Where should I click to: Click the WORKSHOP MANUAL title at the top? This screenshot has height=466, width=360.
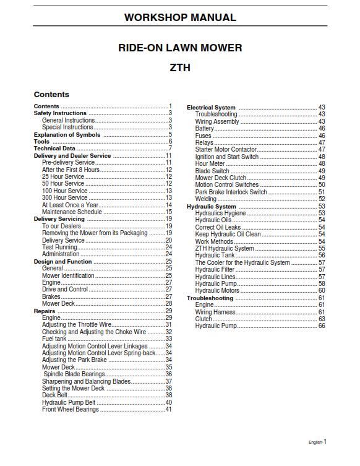179,17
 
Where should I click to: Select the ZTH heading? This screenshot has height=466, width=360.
179,67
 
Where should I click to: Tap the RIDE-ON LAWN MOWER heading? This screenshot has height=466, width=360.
179,48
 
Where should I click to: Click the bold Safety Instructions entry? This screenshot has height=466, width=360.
60,114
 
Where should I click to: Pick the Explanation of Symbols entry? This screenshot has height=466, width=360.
67,135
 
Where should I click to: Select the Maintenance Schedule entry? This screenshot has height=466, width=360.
72,212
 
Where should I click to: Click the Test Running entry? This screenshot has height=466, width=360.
59,247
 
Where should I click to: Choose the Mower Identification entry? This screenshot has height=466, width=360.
68,275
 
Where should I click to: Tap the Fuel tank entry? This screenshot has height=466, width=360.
54,339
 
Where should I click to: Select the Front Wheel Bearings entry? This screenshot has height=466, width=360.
70,409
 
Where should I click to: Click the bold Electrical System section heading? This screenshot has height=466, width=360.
211,108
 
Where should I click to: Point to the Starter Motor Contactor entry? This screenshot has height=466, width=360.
226,150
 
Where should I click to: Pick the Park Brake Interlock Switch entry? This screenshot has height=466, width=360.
231,192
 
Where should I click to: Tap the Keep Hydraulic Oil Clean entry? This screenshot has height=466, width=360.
228,235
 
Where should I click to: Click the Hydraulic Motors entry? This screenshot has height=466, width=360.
217,290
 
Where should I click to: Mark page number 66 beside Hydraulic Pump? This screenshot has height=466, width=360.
322,326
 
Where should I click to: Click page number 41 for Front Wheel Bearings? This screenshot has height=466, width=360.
168,409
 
